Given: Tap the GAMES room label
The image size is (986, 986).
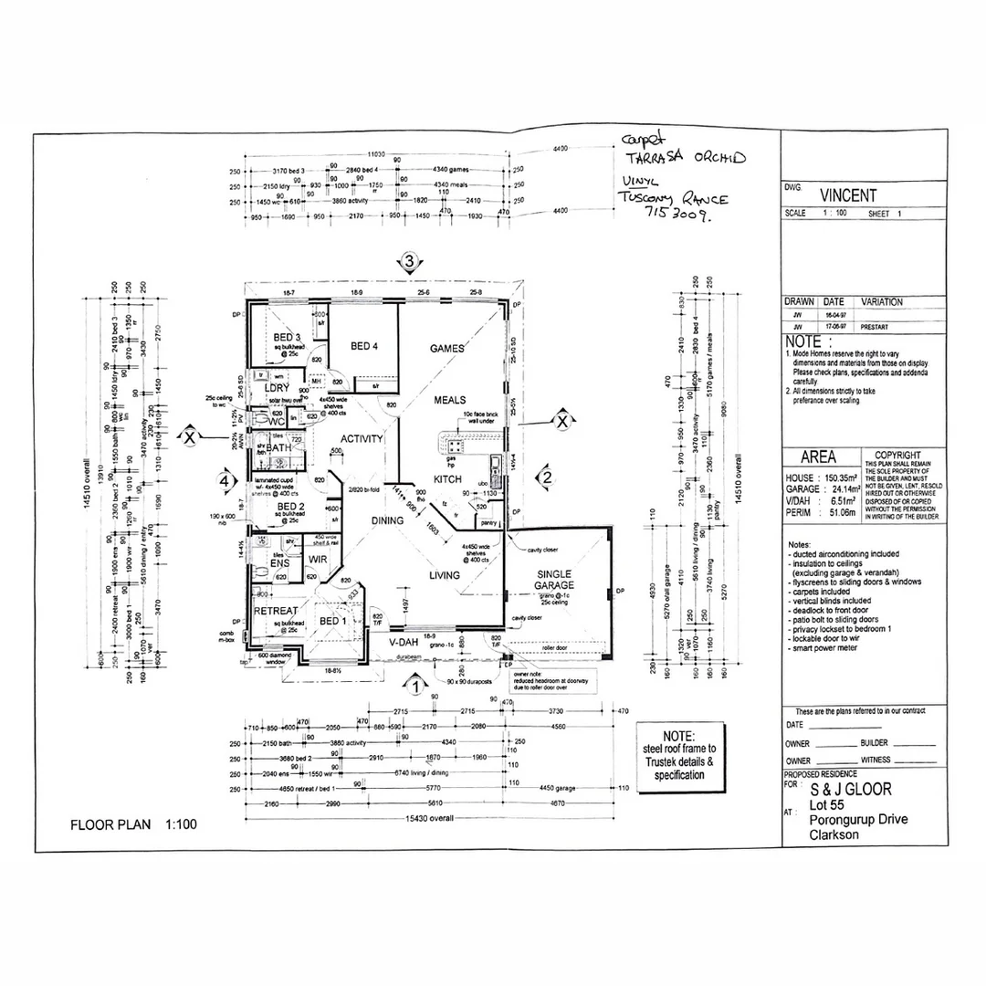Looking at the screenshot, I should click(447, 349).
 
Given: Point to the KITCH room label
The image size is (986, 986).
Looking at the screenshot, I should click(447, 479).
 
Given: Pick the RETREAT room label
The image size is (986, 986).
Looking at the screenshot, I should click(275, 611).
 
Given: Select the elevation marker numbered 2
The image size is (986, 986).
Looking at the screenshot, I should click(545, 476).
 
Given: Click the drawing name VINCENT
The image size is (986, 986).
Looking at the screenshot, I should click(847, 195).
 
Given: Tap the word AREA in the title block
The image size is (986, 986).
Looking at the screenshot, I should click(818, 457).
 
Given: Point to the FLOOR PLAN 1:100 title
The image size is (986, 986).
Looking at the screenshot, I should click(133, 824).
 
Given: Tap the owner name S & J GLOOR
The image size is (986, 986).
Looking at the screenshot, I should click(851, 790).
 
